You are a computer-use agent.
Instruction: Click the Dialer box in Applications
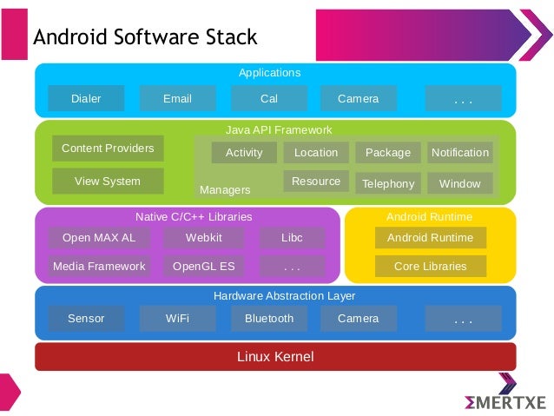tap(86, 98)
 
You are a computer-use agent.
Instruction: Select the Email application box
tap(177, 98)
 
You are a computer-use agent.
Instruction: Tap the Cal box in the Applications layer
tap(269, 98)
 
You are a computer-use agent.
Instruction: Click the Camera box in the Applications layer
tap(358, 98)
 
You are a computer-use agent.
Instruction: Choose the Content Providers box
tap(108, 149)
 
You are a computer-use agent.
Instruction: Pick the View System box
tap(108, 182)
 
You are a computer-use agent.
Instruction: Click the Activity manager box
tap(244, 153)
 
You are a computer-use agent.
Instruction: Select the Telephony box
tap(388, 183)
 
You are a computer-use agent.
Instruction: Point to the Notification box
tap(460, 153)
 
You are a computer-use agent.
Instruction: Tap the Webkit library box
tap(204, 237)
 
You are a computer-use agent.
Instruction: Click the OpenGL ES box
tap(204, 267)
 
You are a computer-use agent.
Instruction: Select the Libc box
tap(292, 237)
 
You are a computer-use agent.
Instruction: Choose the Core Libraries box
tap(431, 267)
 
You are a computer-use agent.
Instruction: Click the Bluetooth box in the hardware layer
tap(269, 319)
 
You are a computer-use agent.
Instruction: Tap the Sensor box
tap(86, 319)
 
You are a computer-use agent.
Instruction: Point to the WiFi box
tap(177, 319)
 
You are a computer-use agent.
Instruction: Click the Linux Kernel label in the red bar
tap(275, 356)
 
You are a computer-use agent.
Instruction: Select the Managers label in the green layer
tap(225, 189)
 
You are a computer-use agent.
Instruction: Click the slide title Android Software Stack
tap(145, 36)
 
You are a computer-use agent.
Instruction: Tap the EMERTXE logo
tap(505, 401)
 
